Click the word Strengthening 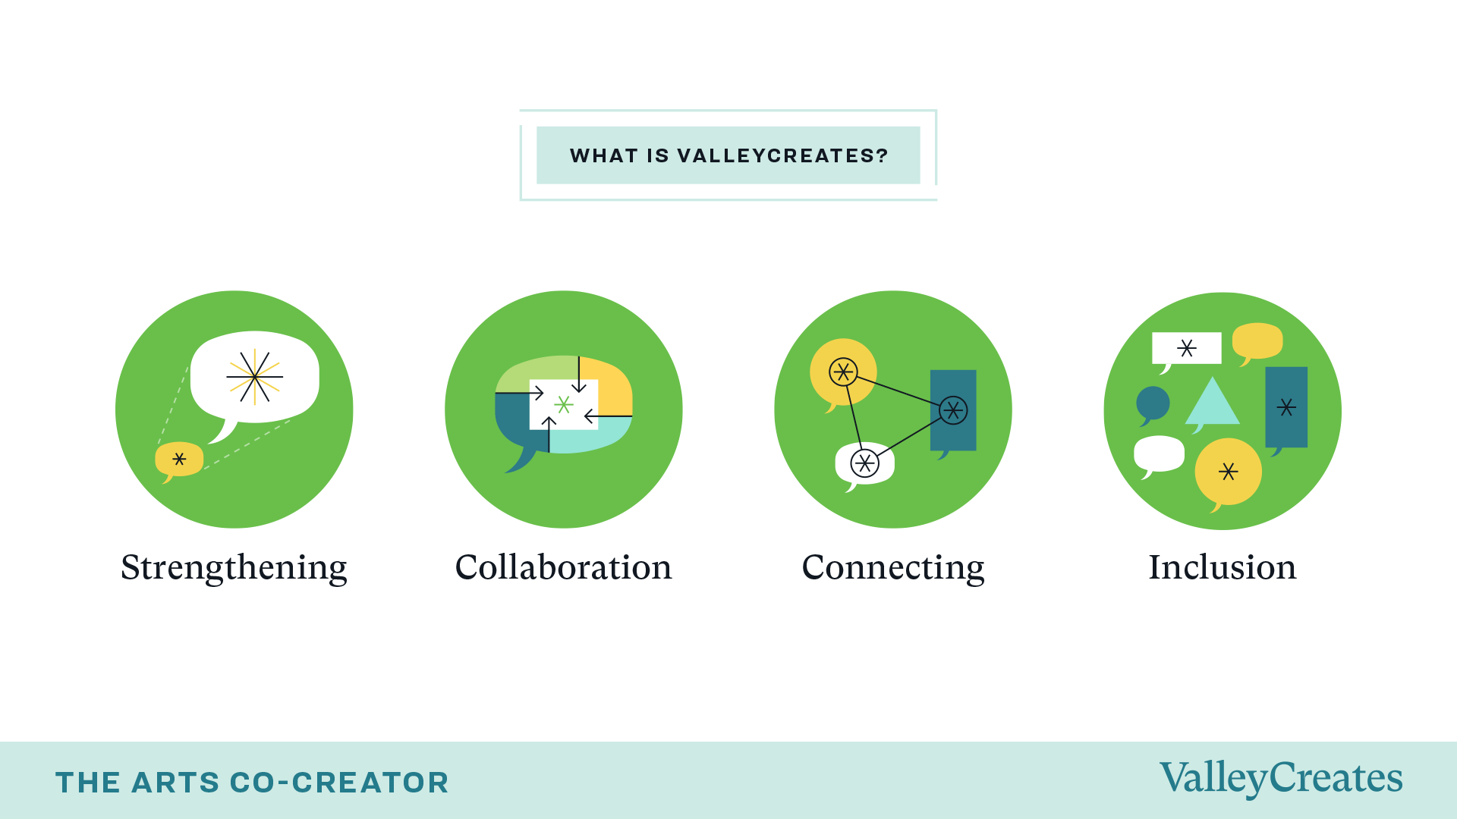(234, 568)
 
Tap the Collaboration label (563, 567)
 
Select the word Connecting (893, 568)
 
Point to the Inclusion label (1223, 567)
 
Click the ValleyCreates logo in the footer (1281, 779)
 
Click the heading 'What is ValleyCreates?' (728, 155)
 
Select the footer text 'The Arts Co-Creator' (252, 783)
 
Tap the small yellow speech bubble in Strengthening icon (179, 460)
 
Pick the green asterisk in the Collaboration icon (563, 404)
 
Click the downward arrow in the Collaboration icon (579, 374)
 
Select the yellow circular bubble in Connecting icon (843, 372)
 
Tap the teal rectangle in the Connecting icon (953, 411)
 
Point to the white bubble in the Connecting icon (864, 463)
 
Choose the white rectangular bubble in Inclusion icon (1187, 348)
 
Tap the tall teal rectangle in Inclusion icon (1286, 408)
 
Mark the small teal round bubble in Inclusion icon (1153, 403)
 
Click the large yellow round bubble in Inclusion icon (1228, 472)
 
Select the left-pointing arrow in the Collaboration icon (608, 416)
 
